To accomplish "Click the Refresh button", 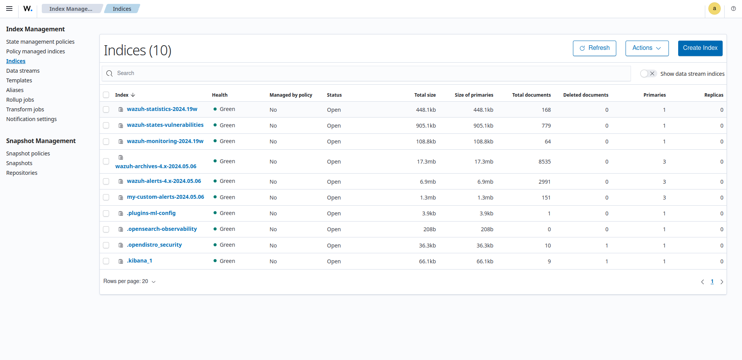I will pyautogui.click(x=594, y=48).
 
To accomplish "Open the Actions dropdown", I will pyautogui.click(x=647, y=48).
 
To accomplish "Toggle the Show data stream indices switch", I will pyautogui.click(x=648, y=73).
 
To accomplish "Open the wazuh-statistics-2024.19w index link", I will pyautogui.click(x=162, y=109).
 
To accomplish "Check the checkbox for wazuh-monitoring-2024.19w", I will pyautogui.click(x=106, y=142).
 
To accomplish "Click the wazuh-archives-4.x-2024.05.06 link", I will pyautogui.click(x=156, y=166).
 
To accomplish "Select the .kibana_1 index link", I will pyautogui.click(x=139, y=261).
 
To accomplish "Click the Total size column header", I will pyautogui.click(x=424, y=95).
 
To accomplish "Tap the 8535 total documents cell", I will pyautogui.click(x=544, y=162).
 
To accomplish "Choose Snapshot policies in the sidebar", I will pyautogui.click(x=28, y=154).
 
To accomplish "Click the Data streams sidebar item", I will pyautogui.click(x=23, y=71).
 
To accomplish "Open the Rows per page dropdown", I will pyautogui.click(x=129, y=282).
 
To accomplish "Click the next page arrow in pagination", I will pyautogui.click(x=721, y=282).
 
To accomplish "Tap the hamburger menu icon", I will pyautogui.click(x=9, y=9).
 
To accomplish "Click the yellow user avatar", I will pyautogui.click(x=714, y=9).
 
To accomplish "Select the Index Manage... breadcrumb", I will pyautogui.click(x=71, y=9).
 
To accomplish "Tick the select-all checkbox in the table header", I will pyautogui.click(x=106, y=95).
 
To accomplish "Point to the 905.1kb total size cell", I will pyautogui.click(x=426, y=126).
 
